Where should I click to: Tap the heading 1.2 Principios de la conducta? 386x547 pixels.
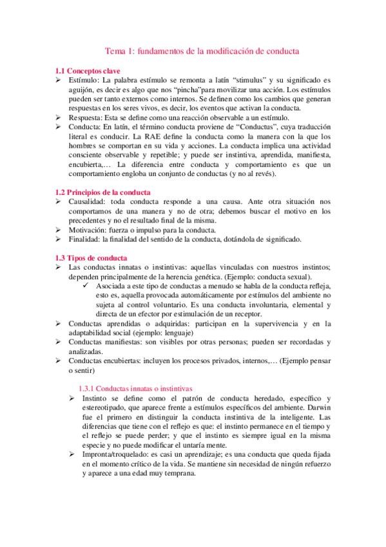click(x=102, y=192)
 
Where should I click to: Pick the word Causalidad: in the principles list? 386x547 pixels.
click(x=88, y=202)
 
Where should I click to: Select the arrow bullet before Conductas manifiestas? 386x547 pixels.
click(x=59, y=343)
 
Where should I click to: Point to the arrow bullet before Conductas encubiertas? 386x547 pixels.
click(x=59, y=362)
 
